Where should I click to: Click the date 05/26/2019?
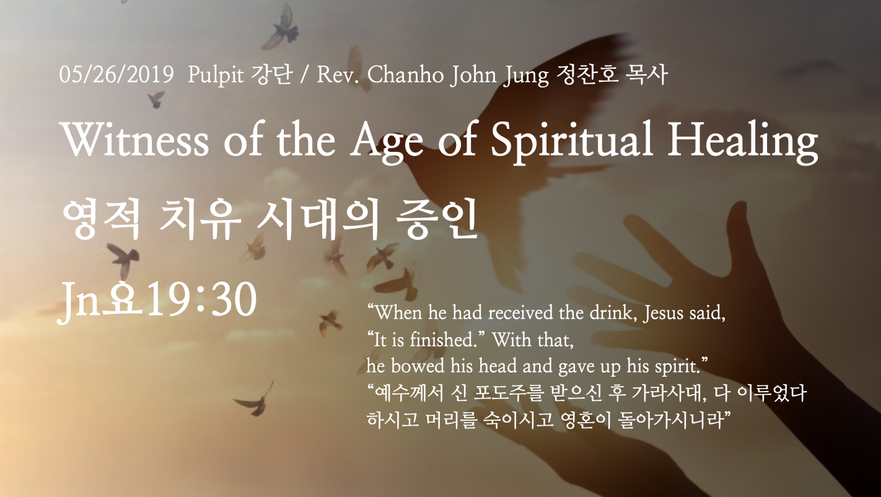coord(116,74)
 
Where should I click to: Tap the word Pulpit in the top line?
coord(216,75)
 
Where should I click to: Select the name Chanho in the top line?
coord(406,74)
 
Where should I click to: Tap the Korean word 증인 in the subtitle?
coord(437,219)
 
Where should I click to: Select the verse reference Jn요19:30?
coord(157,301)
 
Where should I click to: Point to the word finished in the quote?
coord(444,339)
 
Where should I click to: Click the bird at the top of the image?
coord(282,27)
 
